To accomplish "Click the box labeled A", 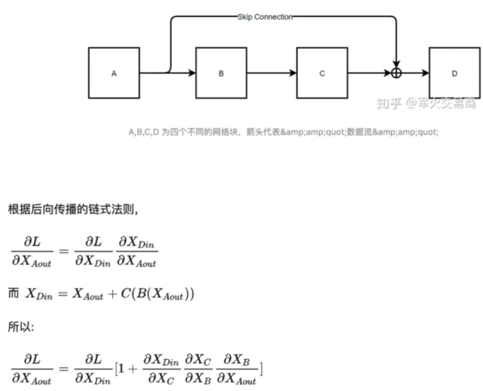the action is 114,73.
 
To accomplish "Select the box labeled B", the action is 221,73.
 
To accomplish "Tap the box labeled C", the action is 323,73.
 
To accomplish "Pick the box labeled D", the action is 454,73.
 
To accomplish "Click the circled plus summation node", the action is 396,73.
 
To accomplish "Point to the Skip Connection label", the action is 265,17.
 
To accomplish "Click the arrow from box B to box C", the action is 271,73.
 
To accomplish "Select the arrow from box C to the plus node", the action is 369,73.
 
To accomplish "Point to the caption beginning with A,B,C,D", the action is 283,132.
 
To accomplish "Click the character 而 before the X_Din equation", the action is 13,293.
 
